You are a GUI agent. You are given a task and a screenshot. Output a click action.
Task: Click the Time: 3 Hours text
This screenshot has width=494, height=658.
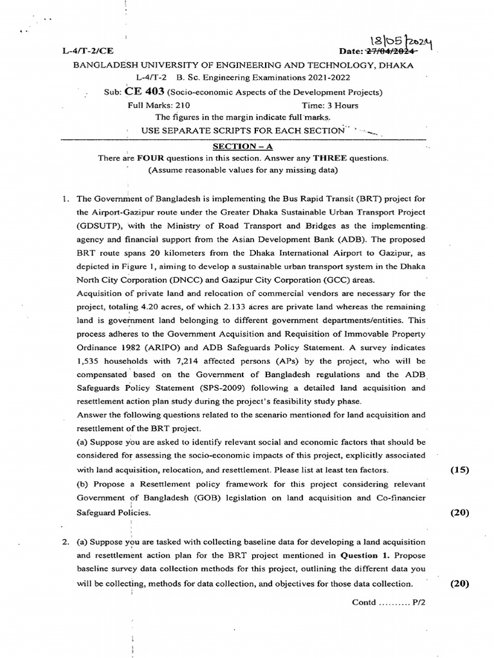tap(330, 105)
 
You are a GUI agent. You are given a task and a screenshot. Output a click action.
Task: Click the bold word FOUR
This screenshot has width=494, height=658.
tap(148, 158)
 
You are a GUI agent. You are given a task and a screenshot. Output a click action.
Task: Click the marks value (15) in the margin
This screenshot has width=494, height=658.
tap(459, 470)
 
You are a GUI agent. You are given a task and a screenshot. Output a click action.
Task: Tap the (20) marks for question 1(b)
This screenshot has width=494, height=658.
tap(459, 512)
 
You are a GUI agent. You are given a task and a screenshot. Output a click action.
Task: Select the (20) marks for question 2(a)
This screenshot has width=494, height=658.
tap(459, 583)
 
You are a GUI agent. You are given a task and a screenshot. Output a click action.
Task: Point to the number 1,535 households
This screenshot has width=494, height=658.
tap(89, 361)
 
